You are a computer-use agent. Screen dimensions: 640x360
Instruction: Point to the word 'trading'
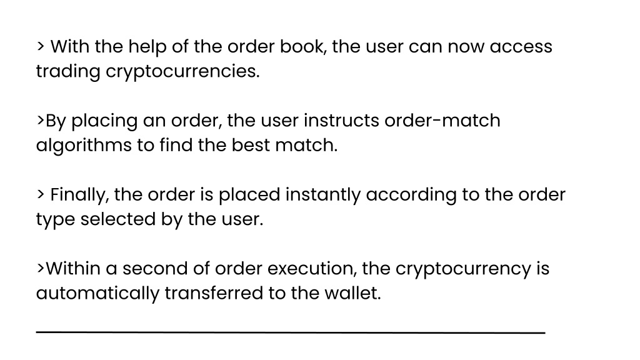(68, 72)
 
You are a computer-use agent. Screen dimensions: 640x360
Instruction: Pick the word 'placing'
(104, 121)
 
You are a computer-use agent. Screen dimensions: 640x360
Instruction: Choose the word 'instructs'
(342, 121)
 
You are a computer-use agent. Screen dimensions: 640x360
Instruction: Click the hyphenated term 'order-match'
(442, 121)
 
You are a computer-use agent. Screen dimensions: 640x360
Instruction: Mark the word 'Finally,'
(79, 195)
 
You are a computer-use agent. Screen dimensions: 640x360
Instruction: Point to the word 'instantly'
(323, 195)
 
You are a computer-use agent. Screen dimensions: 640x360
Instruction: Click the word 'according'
(411, 196)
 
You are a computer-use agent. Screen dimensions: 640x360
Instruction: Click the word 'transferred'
(214, 294)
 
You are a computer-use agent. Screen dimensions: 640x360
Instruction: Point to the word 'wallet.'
(352, 294)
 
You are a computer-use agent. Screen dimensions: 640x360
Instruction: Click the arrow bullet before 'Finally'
(41, 194)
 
